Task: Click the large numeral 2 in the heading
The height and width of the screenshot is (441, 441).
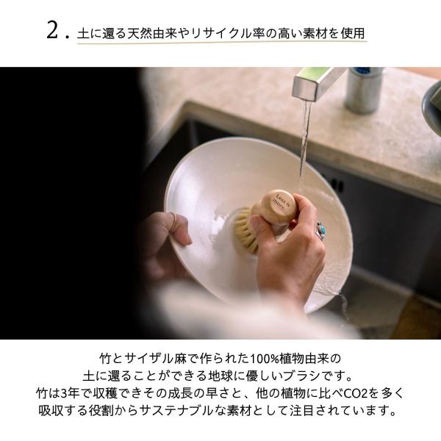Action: pos(52,30)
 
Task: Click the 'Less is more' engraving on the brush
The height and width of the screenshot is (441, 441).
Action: pos(279,203)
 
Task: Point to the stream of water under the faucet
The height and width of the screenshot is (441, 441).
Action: pos(305,140)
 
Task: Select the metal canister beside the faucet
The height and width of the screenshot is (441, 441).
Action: pos(363,90)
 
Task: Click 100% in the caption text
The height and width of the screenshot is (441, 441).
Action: pos(265,359)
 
